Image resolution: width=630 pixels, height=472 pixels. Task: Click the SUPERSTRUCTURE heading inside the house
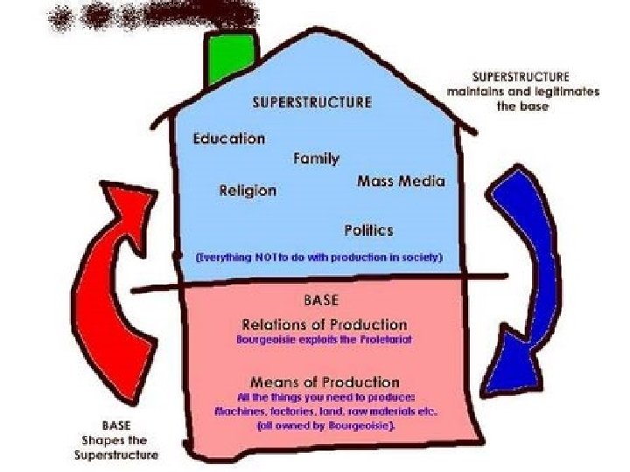(x=311, y=101)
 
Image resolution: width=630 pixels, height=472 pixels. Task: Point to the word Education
(x=229, y=138)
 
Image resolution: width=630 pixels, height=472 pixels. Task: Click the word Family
(x=316, y=158)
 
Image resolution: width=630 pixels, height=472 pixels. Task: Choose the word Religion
(x=248, y=190)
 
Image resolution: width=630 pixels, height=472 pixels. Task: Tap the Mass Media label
(x=401, y=182)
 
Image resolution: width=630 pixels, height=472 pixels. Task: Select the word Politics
(x=368, y=230)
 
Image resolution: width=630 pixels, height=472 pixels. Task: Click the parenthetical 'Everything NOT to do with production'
(x=319, y=258)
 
